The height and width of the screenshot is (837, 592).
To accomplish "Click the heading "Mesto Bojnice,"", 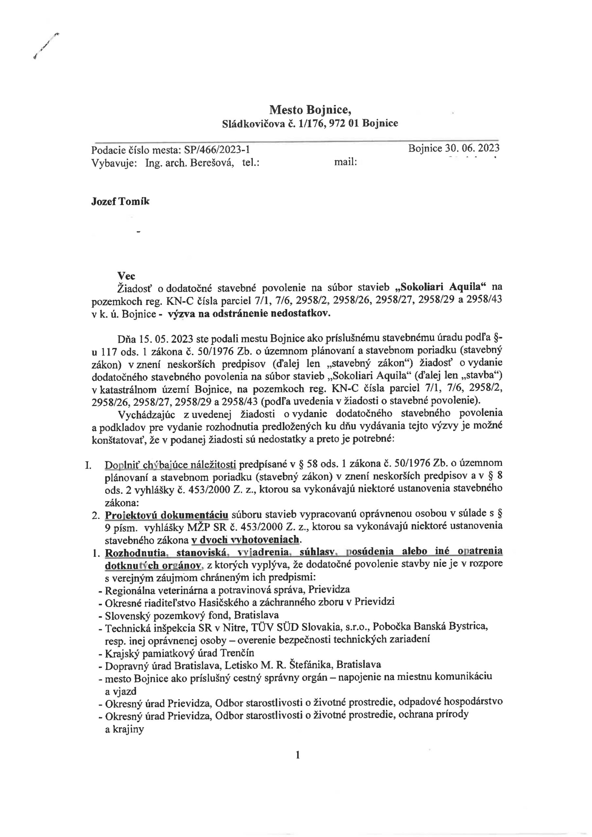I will (x=310, y=109).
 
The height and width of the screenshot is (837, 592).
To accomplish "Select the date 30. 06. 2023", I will (x=472, y=148).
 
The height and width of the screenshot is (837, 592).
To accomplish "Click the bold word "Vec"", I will (x=126, y=276).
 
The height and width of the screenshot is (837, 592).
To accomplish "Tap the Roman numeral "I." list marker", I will (x=88, y=465).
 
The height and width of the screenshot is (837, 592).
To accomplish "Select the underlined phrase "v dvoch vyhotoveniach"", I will (x=245, y=539).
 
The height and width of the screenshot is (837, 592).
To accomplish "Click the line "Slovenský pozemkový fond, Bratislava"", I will (x=192, y=615).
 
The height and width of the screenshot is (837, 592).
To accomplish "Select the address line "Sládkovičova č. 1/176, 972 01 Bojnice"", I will (x=310, y=124).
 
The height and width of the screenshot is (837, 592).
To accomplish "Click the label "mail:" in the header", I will (x=345, y=162).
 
